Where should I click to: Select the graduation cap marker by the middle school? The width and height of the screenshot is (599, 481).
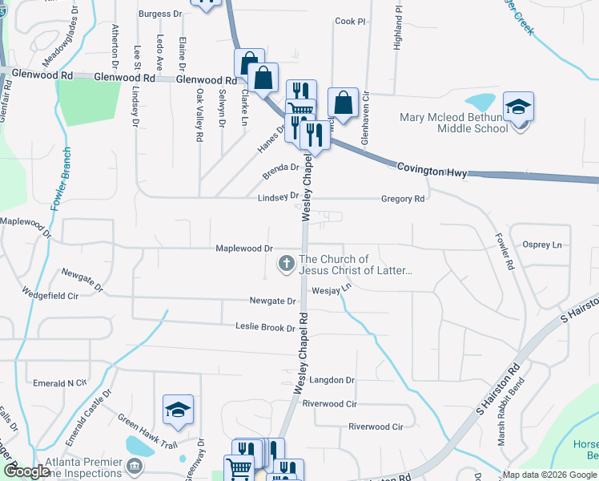(x=518, y=107)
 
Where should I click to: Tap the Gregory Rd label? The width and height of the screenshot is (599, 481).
(x=403, y=199)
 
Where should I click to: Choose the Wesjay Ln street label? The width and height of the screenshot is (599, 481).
(x=332, y=289)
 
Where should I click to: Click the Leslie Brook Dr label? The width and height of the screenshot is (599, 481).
(x=265, y=327)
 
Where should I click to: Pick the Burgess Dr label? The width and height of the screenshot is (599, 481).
(x=155, y=14)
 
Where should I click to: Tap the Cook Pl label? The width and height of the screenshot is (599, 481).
(x=350, y=22)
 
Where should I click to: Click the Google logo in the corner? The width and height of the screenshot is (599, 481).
(x=26, y=472)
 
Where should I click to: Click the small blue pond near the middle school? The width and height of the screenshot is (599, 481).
(x=480, y=103)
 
